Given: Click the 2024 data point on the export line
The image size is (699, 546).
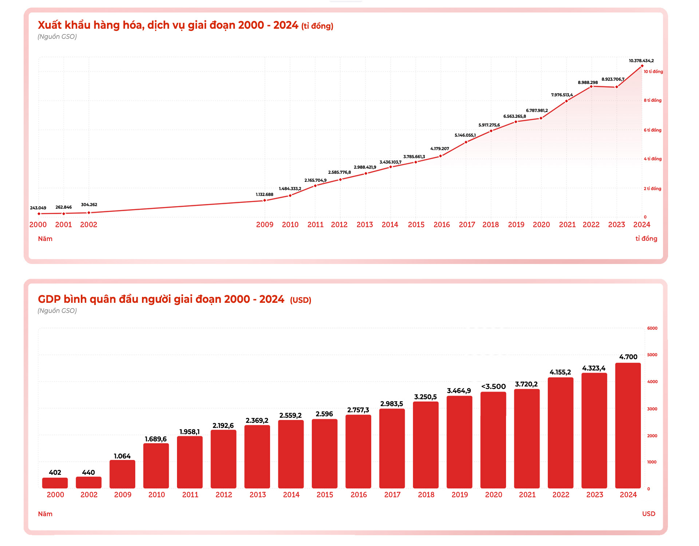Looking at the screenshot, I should pos(642,66).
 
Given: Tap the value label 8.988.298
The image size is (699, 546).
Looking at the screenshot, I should pos(588,83).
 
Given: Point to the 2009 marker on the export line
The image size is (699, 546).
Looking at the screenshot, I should pos(265,200).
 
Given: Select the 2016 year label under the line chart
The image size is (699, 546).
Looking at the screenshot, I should pos(442,225).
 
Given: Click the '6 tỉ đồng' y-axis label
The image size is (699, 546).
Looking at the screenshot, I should pos(652,130).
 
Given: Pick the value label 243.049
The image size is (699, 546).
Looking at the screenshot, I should pos(38,208).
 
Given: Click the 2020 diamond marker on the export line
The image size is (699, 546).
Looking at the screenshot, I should pos(541,118).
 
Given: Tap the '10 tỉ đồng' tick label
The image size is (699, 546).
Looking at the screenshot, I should pos(653,72).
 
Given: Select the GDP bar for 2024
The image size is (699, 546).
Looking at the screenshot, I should pos(628,425).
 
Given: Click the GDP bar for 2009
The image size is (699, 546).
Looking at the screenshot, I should pos(122,474).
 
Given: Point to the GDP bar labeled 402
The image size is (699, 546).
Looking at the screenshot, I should pos(55,483).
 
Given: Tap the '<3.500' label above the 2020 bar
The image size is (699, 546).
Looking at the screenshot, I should pos(493,386).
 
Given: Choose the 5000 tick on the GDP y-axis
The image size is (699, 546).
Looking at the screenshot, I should pos(652,355).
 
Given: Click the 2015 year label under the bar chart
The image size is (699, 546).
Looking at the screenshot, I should pos(325,495).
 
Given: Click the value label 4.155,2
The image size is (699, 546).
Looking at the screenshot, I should pos(560,372).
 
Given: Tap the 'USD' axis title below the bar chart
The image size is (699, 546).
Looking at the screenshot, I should pos(648,514).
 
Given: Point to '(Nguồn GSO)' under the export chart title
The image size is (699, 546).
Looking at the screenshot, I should pos(57,37).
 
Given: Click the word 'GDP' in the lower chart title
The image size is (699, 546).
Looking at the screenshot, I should pos(49,299).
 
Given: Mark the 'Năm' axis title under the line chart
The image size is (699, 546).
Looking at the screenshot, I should pos(45,239).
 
